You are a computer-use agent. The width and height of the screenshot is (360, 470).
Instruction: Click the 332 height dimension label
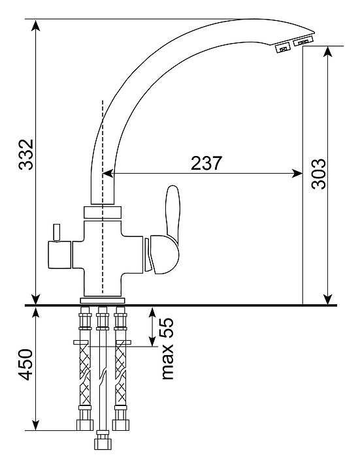coord(25,154)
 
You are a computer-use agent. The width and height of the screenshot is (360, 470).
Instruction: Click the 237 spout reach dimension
coord(207,163)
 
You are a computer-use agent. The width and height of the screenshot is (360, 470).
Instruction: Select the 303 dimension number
coord(318,174)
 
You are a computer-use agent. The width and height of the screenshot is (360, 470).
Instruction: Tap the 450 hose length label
coord(25,364)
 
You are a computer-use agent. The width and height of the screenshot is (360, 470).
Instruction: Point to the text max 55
coord(167,349)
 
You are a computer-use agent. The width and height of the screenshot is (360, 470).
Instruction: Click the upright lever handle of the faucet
coord(173,211)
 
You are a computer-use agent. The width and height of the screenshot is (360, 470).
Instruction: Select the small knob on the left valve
coord(57,232)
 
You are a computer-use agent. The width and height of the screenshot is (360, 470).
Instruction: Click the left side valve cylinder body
coord(59,255)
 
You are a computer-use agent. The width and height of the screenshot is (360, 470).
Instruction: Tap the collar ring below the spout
coord(103,212)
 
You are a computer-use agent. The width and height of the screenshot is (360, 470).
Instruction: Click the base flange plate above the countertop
coord(103,301)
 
